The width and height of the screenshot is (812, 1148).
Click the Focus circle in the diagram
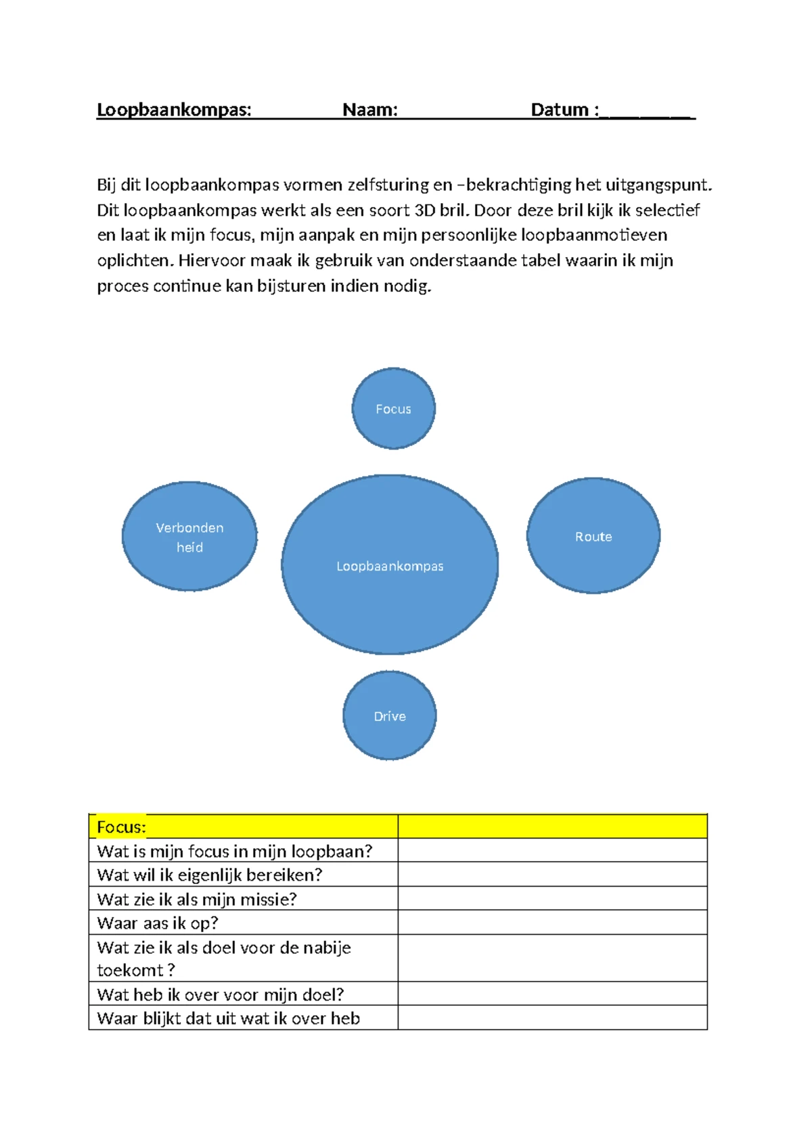tap(393, 408)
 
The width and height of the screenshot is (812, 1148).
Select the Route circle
tap(593, 535)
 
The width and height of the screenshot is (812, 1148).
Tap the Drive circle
tap(390, 715)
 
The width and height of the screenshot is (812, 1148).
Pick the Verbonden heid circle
tap(189, 536)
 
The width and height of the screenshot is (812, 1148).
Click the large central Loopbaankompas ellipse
tap(390, 565)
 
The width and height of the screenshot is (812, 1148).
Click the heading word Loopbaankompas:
tap(174, 110)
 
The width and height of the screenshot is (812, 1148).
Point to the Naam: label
tap(370, 110)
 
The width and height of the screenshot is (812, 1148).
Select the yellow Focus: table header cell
tap(243, 826)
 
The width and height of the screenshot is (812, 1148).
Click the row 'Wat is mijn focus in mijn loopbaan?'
tap(235, 851)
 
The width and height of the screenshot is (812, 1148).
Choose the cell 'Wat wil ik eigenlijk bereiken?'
tap(210, 875)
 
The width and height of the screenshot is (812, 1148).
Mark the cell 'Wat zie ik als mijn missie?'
tap(197, 899)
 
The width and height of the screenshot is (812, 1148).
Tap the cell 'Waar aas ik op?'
tap(158, 923)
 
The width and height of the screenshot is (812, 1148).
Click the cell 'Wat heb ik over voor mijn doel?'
tap(221, 994)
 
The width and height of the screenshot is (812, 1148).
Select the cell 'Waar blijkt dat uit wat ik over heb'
tap(228, 1018)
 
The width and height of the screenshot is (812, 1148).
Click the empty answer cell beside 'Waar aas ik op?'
tap(552, 923)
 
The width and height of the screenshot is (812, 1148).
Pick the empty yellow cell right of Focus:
tap(552, 826)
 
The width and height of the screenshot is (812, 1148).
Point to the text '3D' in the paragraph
tap(424, 210)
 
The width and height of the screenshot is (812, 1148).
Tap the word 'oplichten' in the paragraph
tap(133, 261)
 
